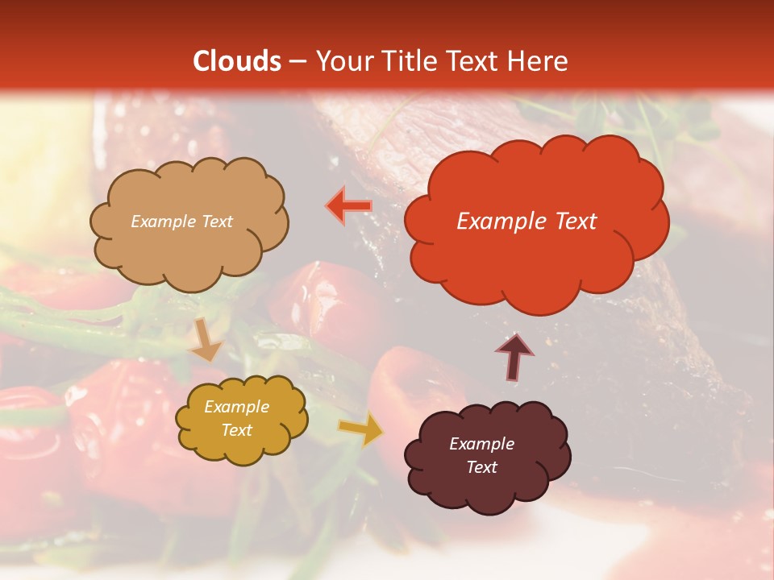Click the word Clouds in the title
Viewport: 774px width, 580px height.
[238, 61]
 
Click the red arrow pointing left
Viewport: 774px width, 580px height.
[349, 206]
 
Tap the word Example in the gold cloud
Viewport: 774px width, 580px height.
[236, 407]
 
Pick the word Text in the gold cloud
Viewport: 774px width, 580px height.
[236, 430]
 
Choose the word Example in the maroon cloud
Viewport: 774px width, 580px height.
[481, 444]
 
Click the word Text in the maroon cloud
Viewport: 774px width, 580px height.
[481, 467]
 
